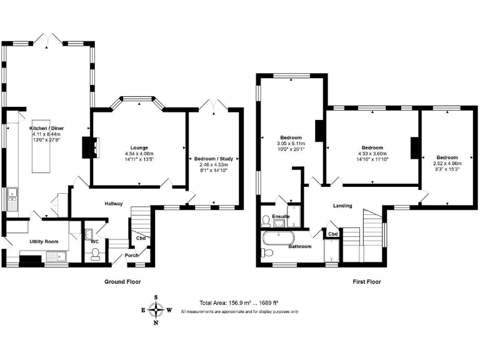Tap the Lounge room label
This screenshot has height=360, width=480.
pos(139,147)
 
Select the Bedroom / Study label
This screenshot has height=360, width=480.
pos(213,159)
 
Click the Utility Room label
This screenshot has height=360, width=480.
pos(44,241)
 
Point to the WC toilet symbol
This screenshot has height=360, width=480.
pos(95,252)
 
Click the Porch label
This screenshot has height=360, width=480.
pos(132,255)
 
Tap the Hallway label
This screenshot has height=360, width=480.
pos(113,204)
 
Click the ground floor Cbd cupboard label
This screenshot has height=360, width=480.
pos(141,237)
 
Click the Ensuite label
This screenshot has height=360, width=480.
pos(281,216)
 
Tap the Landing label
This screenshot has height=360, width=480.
pos(342,206)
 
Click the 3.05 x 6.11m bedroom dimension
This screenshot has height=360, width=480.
pos(291,143)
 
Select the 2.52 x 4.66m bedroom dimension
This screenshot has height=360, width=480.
pos(447,163)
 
